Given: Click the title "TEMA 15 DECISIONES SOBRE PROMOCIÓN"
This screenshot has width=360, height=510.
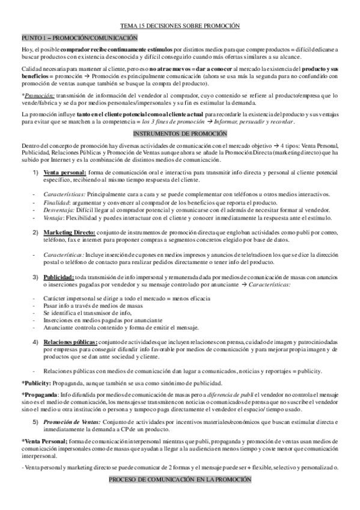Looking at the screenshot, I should tap(180, 26).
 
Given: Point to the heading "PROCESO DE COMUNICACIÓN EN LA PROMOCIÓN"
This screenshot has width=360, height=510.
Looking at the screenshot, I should tap(180, 499).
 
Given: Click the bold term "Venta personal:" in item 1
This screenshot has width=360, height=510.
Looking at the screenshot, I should tap(65, 172).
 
